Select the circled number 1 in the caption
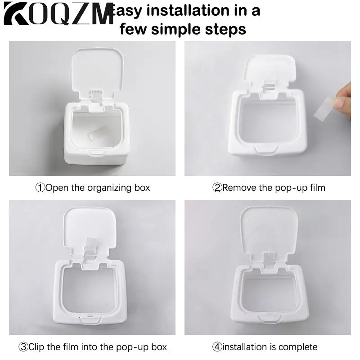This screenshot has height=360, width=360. [x=40, y=188]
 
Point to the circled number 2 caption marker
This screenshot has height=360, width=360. [x=217, y=188]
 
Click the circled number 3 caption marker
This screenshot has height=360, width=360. [x=23, y=347]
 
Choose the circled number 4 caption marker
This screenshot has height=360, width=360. [x=218, y=347]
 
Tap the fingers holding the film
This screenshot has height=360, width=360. [x=345, y=99]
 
